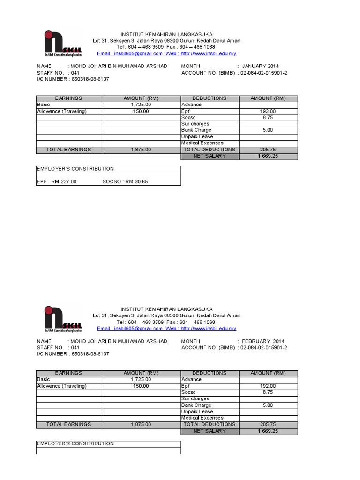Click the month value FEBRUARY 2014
262,341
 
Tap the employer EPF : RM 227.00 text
56,181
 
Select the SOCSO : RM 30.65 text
125,181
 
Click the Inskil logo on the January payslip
63,44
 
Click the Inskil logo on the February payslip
63,319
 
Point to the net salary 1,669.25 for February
268,431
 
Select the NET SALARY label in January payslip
210,156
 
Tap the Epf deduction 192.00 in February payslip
268,386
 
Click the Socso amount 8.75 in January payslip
268,118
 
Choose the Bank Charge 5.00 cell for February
268,405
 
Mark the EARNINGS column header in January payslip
68,98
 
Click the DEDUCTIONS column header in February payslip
209,373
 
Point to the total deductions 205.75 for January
268,150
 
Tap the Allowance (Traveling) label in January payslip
62,112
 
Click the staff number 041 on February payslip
75,348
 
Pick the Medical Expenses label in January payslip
202,143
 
